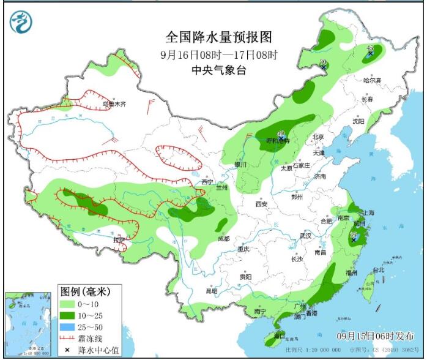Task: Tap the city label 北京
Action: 317,137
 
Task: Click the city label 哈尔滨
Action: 371,80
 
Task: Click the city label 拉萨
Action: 120,239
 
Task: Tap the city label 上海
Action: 368,212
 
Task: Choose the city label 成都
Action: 223,239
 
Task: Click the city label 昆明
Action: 211,290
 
